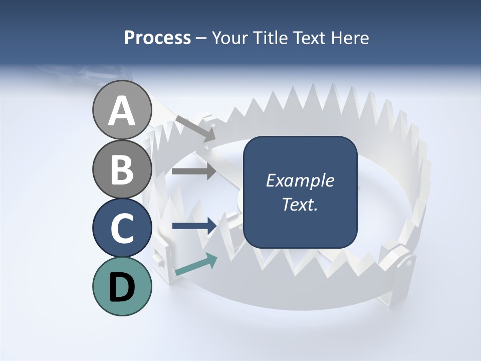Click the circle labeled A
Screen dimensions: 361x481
[122, 110]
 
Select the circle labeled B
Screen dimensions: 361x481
[122, 169]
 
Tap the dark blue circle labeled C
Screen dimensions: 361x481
[122, 228]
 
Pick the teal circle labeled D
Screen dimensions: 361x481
[122, 287]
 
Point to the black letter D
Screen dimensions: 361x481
[122, 287]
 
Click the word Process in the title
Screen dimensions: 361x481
[157, 38]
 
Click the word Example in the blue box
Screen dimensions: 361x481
[300, 180]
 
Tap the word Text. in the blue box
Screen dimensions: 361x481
[300, 205]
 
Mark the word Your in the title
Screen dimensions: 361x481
[228, 38]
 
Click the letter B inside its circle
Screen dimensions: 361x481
[122, 170]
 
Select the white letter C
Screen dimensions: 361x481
[122, 229]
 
